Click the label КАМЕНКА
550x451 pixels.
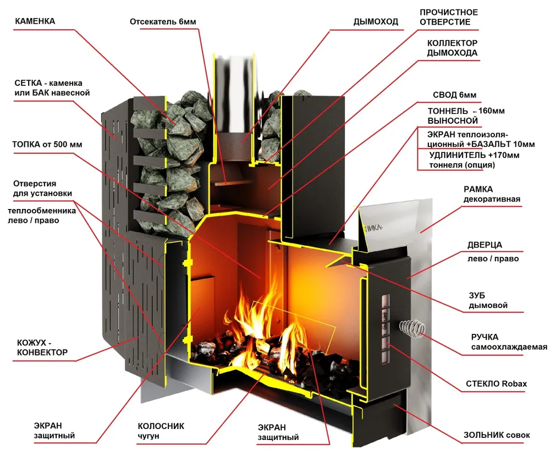click(35, 21)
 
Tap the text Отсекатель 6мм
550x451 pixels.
click(163, 22)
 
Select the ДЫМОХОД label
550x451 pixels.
click(376, 22)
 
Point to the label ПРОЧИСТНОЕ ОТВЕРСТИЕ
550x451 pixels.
click(449, 17)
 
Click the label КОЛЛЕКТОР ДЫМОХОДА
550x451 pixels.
click(452, 48)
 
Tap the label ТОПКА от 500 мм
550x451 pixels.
click(47, 145)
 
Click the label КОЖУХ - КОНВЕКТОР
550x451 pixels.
click(42, 348)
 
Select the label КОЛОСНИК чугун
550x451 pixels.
click(161, 431)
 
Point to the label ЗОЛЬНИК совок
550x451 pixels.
click(497, 435)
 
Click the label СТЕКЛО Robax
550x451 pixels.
click(496, 384)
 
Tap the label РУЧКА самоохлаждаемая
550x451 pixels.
click(509, 342)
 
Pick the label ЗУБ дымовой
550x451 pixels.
click(488, 300)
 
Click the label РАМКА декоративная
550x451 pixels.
click(492, 194)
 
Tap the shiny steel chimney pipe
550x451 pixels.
click(234, 95)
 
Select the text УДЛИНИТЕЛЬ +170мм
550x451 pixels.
click(474, 155)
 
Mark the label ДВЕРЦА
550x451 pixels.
click(485, 245)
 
